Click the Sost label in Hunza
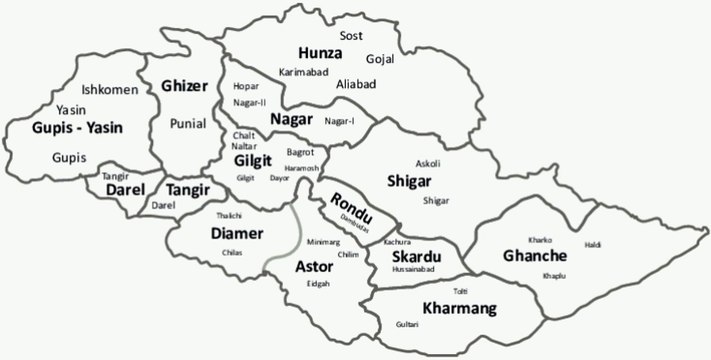351,35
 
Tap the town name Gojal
381,59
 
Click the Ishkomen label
109,89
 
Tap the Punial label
187,124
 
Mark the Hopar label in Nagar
245,86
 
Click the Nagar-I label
341,121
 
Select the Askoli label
427,163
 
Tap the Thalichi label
229,215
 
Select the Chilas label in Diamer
232,253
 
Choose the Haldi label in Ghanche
593,245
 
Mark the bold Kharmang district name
459,308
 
